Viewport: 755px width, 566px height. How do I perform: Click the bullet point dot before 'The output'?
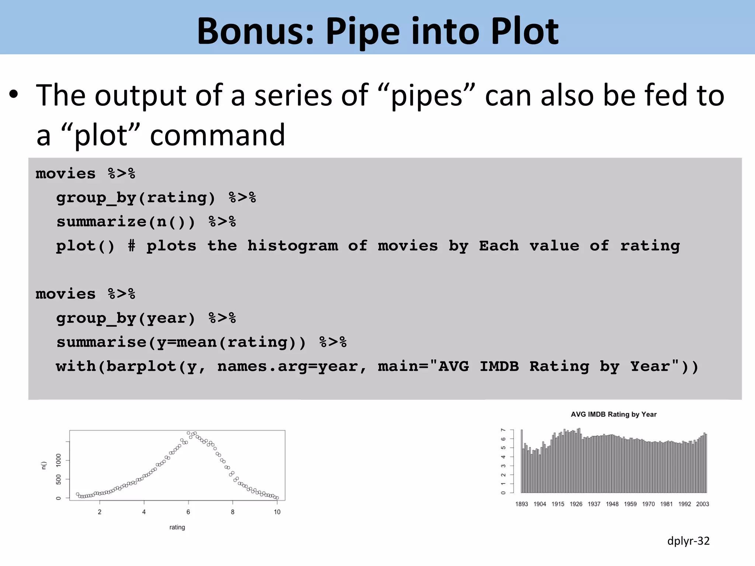[x=14, y=94]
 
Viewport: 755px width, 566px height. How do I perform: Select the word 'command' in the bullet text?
[x=218, y=136]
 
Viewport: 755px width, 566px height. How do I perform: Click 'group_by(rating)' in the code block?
[x=135, y=198]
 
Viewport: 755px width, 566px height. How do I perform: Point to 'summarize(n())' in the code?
[x=125, y=222]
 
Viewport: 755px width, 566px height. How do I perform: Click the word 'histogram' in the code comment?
[x=293, y=246]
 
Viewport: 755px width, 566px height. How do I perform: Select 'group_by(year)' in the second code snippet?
[x=125, y=318]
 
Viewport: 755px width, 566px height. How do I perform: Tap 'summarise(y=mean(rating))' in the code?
[x=181, y=342]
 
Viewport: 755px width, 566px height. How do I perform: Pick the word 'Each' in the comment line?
[x=498, y=246]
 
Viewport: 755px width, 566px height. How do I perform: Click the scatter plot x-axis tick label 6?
[x=188, y=512]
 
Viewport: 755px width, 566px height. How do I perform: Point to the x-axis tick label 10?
[x=277, y=512]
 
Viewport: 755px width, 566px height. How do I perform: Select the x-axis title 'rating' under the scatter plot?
[x=177, y=527]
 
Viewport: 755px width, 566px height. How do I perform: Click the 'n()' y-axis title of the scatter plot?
[x=44, y=465]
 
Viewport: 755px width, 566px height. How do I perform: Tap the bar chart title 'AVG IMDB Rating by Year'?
[x=613, y=415]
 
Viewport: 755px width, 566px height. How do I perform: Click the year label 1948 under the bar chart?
[x=612, y=504]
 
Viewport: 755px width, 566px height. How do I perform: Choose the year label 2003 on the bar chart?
[x=702, y=504]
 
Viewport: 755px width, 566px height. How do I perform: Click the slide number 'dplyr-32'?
[x=688, y=541]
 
